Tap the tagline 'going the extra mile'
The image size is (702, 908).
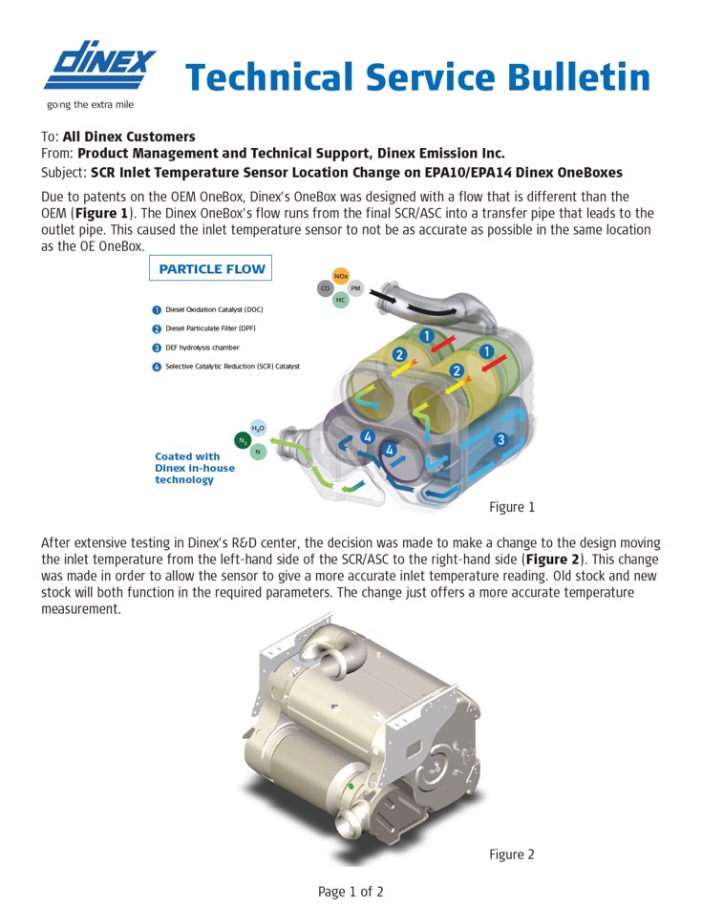91,105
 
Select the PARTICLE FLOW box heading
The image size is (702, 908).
211,269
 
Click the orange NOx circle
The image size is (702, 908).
340,276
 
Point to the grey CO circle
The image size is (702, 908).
326,288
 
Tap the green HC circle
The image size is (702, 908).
340,301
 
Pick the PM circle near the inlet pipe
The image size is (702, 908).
355,288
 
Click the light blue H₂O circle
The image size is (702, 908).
258,429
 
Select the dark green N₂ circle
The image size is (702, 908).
243,440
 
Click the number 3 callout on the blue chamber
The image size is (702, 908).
500,440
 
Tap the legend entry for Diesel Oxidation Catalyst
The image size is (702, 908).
213,309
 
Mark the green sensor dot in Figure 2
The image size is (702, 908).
351,786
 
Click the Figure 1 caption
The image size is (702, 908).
512,507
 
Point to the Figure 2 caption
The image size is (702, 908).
512,855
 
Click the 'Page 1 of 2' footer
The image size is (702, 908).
351,892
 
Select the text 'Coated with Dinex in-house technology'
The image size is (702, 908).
187,468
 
